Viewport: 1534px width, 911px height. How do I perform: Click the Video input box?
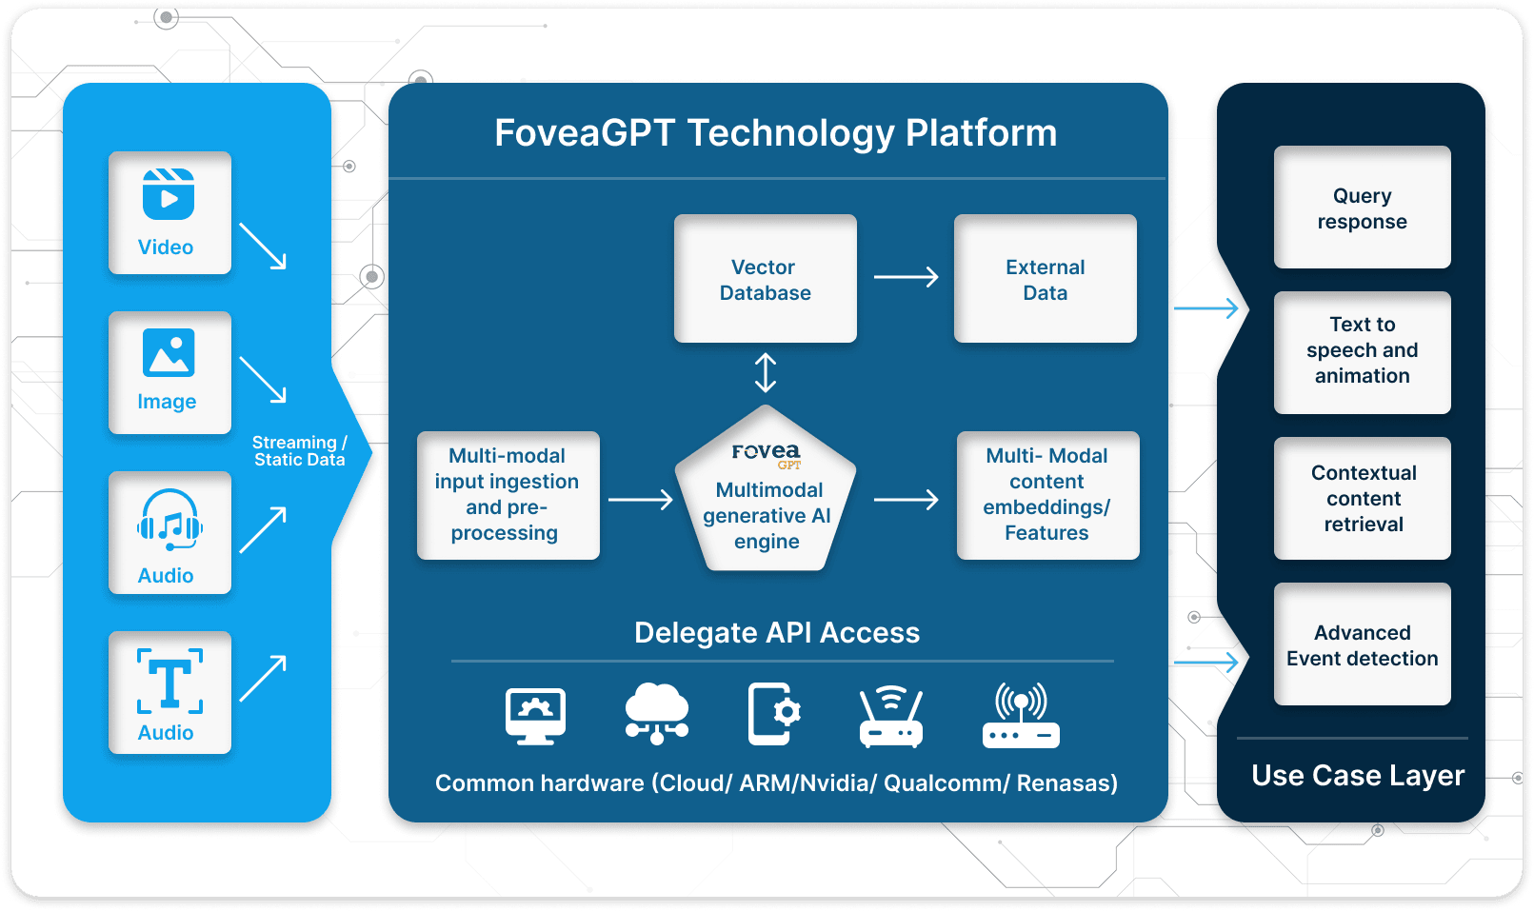[169, 212]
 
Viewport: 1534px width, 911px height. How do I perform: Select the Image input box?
[169, 372]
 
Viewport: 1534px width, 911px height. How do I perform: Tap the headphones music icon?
[169, 521]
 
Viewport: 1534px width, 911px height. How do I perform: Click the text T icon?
[169, 681]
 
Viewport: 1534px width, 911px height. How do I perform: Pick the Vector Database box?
[765, 279]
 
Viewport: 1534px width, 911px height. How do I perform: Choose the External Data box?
[1045, 279]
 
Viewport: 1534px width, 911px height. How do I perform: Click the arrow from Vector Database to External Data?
[906, 277]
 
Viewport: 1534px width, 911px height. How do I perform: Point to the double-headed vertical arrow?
[766, 373]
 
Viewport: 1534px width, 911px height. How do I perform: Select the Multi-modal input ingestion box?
[508, 495]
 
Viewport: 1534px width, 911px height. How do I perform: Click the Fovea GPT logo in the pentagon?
[767, 454]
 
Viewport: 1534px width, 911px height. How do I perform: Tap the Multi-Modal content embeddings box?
[1047, 495]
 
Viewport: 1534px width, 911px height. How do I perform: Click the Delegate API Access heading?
[777, 633]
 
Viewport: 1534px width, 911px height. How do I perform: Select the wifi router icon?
[890, 717]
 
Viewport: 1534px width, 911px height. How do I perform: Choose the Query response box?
[1362, 208]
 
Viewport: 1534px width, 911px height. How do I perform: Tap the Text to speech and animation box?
[1362, 352]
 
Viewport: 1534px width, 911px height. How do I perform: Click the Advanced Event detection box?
[1362, 644]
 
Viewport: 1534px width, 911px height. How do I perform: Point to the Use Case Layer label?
[1357, 776]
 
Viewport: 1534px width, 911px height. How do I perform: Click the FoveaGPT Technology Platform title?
[775, 133]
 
